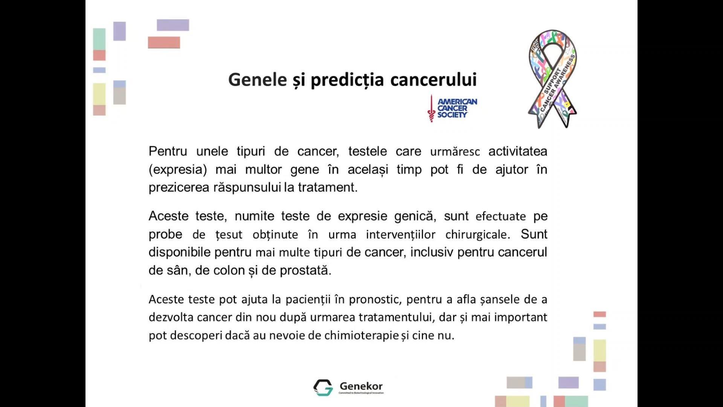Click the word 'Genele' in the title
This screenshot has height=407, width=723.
click(x=258, y=80)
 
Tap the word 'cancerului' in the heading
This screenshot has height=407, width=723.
click(x=433, y=80)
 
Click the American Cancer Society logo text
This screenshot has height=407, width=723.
click(x=457, y=108)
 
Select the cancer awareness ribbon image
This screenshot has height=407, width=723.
click(x=553, y=79)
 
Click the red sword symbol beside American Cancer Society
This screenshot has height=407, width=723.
click(x=431, y=109)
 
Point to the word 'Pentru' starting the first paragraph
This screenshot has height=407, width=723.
click(x=168, y=151)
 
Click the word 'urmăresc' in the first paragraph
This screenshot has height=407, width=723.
click(x=455, y=152)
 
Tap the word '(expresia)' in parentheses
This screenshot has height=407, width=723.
click(x=178, y=170)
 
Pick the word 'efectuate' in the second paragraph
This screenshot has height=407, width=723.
click(x=501, y=217)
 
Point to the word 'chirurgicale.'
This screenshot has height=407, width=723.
click(x=478, y=235)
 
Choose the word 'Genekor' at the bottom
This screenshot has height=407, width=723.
click(x=361, y=386)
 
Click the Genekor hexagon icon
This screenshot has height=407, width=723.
click(x=323, y=387)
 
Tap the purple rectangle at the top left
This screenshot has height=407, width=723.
click(x=173, y=25)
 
